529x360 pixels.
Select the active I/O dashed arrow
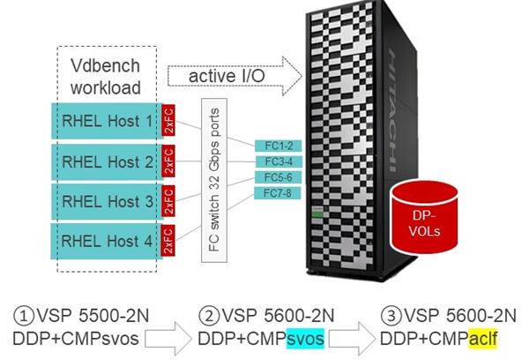(x=234, y=77)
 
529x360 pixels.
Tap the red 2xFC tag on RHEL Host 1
(x=170, y=125)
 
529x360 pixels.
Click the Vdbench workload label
(x=105, y=78)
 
